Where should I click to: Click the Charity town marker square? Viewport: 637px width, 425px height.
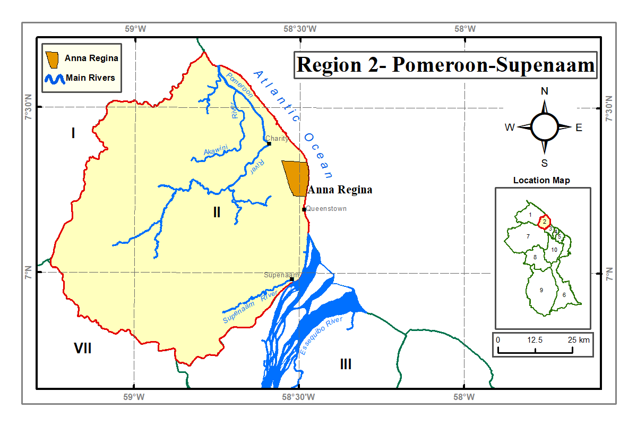pos(269,143)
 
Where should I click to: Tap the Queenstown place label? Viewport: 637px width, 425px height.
pos(326,209)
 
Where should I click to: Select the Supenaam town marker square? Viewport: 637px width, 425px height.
pos(292,279)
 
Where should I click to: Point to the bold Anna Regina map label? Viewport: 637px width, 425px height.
pos(340,190)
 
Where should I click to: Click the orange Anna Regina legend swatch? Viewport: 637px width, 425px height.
pos(52,59)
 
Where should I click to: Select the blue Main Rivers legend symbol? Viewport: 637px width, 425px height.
pos(54,79)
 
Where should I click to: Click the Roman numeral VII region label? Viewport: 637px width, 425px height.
pos(83,348)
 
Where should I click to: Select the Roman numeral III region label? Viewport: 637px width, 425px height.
pos(346,364)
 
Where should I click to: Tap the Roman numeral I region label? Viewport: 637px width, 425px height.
pos(73,133)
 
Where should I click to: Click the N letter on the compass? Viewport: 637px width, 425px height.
pos(544,91)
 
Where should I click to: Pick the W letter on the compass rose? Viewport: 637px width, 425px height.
pos(510,127)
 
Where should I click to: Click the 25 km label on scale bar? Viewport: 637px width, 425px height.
pos(576,339)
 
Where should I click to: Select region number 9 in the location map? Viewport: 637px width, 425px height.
pos(541,290)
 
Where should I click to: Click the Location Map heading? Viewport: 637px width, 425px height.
pos(541,180)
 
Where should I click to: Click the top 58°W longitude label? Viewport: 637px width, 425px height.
pos(464,29)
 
